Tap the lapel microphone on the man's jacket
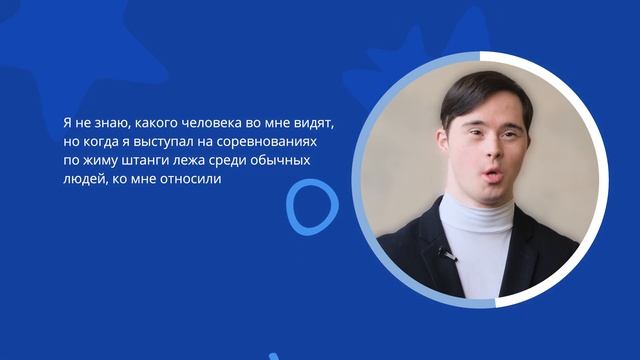coord(444,253)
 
